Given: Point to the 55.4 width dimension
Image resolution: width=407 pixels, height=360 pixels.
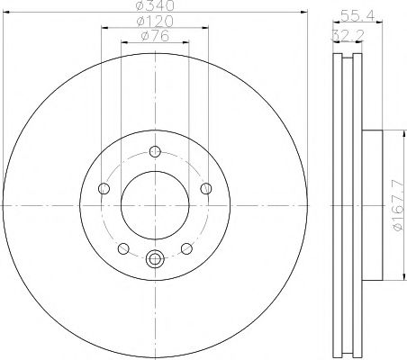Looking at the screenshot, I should point(355,15).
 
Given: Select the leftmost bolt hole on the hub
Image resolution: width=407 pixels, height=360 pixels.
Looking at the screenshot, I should point(103,188).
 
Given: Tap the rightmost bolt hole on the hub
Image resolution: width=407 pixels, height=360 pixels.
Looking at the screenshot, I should point(207,188).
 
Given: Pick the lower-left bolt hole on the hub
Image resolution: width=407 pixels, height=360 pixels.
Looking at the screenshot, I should point(123,248).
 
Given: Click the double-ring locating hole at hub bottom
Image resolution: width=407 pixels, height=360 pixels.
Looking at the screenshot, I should point(155,260).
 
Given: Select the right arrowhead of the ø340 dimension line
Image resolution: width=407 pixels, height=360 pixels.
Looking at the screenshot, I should point(303,13).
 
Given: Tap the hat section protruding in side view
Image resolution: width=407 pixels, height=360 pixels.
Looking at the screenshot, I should point(373,206).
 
